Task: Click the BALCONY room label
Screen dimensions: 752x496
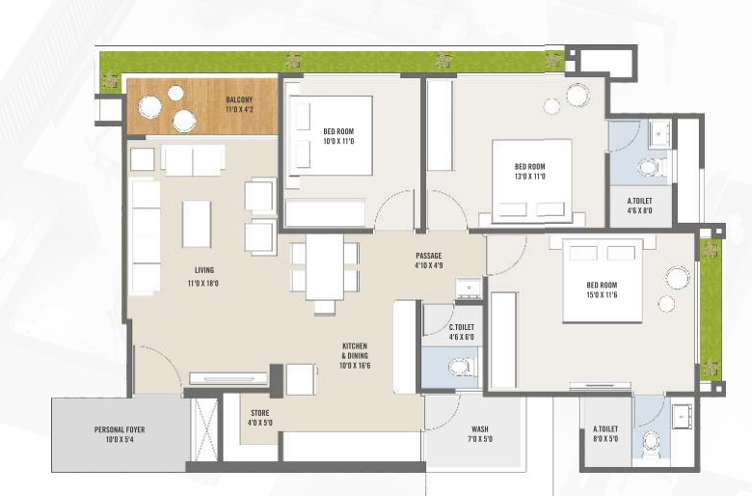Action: tap(239, 99)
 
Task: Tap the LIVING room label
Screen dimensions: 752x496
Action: tap(204, 270)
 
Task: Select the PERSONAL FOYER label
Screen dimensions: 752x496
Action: tap(120, 429)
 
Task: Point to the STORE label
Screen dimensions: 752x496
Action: tap(260, 413)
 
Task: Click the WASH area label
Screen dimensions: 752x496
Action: tap(480, 429)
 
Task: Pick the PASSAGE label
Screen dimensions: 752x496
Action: tap(429, 256)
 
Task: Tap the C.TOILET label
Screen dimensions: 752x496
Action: tap(462, 327)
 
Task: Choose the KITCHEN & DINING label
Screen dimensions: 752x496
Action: tap(355, 351)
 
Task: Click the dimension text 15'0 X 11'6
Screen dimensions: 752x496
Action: tap(602, 295)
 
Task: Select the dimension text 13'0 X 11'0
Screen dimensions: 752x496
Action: tap(530, 177)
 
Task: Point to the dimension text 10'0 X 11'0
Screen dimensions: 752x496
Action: tap(338, 141)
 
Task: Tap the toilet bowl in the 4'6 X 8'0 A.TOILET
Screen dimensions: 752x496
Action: tap(651, 168)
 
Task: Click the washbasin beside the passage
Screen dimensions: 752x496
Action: tap(470, 289)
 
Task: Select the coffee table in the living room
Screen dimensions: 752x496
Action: tap(197, 224)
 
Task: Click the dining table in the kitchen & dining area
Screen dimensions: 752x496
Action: tap(325, 266)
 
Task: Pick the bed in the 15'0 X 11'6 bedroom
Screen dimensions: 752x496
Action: tap(603, 281)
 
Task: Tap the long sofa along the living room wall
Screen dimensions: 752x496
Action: tap(146, 236)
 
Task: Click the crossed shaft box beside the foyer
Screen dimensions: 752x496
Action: tap(203, 428)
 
